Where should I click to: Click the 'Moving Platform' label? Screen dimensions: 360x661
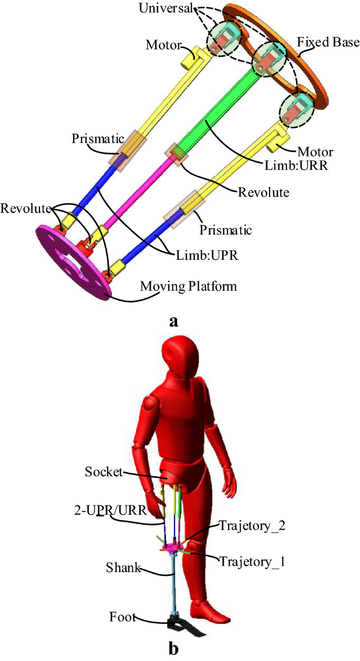[x=188, y=287]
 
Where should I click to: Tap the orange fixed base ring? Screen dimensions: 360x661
[x=315, y=79]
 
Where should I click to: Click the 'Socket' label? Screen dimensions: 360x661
[x=102, y=472]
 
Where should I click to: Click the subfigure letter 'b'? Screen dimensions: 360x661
[x=174, y=648]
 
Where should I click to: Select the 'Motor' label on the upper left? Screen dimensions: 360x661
[x=161, y=44]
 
